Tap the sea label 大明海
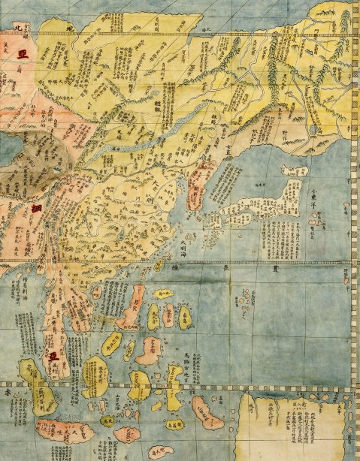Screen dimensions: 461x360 185,244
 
